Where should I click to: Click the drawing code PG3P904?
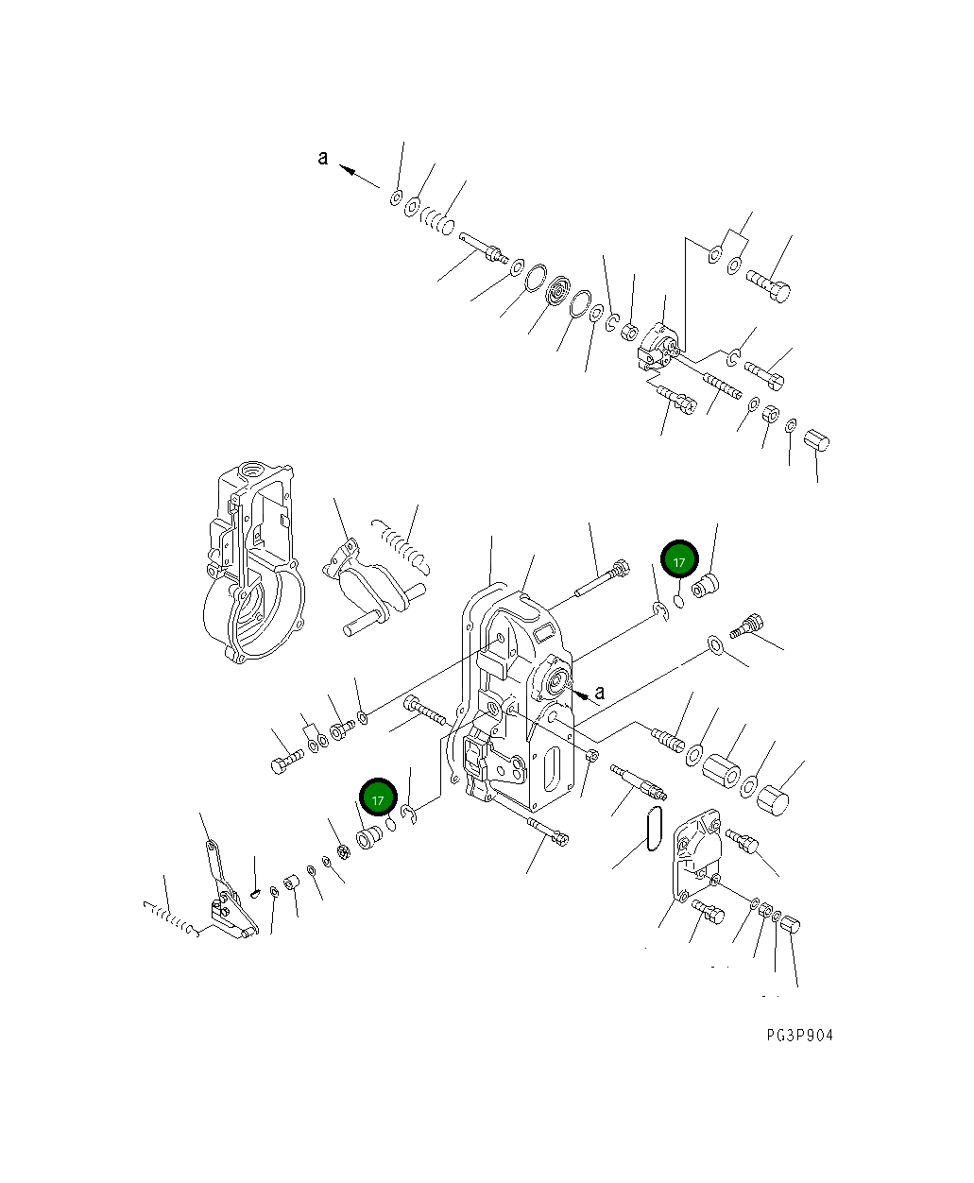(799, 1036)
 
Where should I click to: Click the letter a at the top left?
(323, 158)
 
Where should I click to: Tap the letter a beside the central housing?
(599, 693)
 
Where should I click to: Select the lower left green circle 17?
(377, 798)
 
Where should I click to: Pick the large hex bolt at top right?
(768, 285)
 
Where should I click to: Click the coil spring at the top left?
(438, 221)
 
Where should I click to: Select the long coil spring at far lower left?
(170, 917)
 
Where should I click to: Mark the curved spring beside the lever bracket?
(403, 545)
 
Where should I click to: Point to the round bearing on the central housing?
(554, 677)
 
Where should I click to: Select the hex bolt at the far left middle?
(285, 763)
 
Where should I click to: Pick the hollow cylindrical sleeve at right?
(723, 767)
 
